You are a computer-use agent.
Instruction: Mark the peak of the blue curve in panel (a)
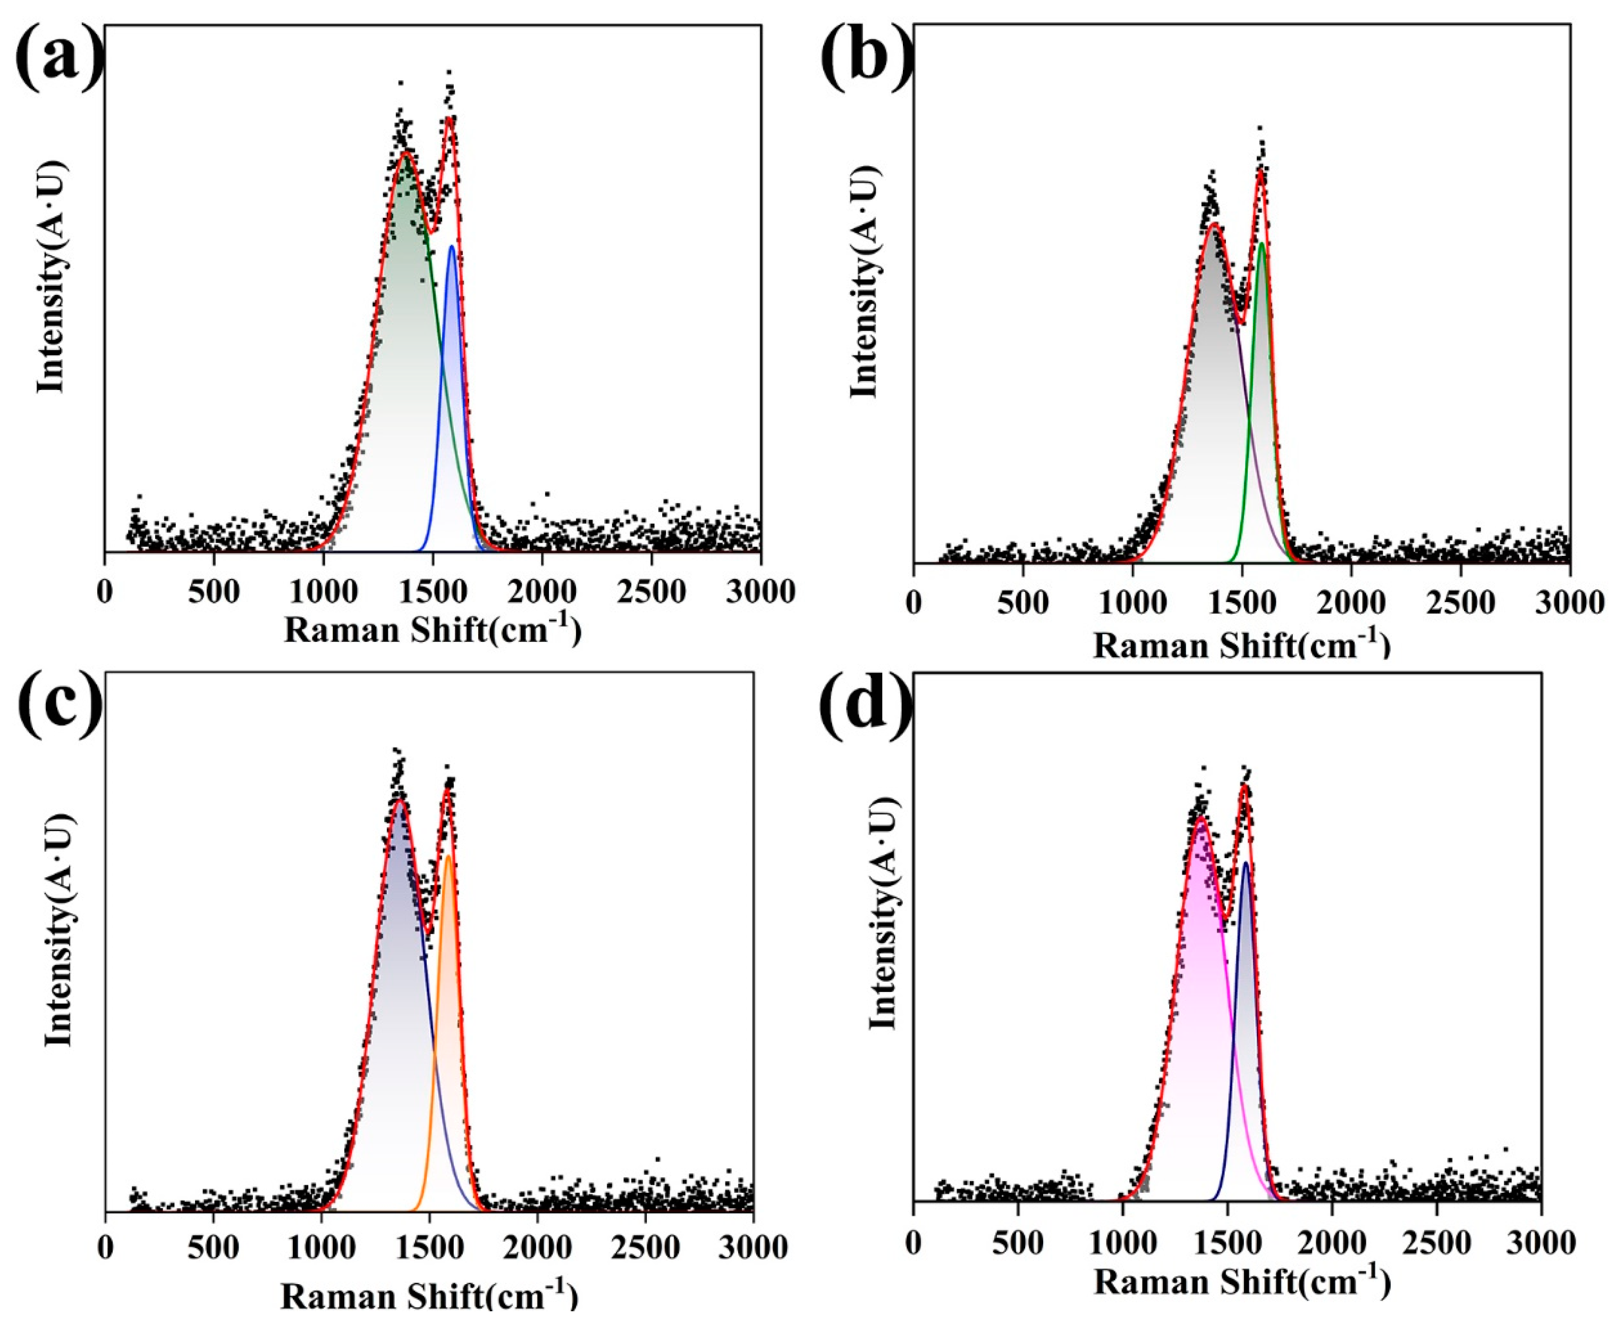[452, 247]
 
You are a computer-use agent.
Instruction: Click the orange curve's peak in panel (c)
[449, 856]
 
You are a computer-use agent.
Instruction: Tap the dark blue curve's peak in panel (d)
[1246, 863]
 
